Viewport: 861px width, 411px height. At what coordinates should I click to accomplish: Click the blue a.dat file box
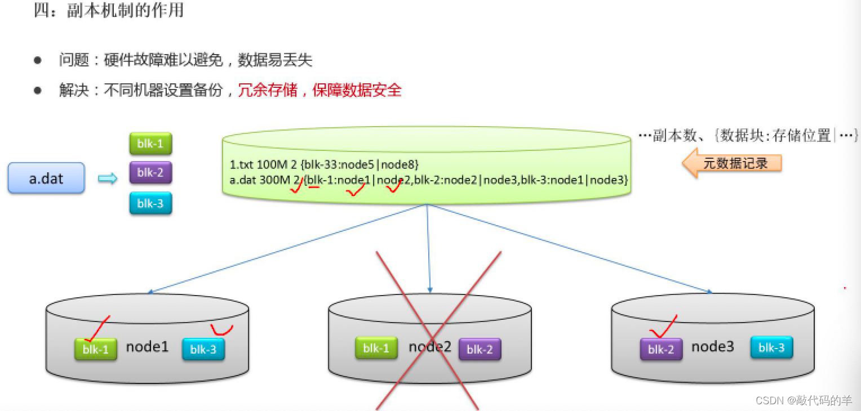(x=46, y=178)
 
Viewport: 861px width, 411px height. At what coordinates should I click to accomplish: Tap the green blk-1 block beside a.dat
(x=150, y=144)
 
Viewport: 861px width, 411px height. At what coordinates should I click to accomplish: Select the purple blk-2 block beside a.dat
(x=150, y=173)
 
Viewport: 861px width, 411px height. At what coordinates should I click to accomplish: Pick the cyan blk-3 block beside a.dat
(x=150, y=203)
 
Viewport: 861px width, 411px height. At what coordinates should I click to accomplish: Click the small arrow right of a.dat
(x=107, y=178)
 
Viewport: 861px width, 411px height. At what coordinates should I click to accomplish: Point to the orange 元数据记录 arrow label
(x=732, y=163)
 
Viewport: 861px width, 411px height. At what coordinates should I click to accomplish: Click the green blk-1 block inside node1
(x=96, y=350)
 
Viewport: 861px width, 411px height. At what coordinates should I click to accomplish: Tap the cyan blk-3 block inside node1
(x=203, y=350)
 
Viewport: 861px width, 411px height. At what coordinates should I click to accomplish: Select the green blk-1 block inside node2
(x=376, y=349)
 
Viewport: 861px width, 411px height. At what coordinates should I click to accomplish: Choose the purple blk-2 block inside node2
(x=480, y=350)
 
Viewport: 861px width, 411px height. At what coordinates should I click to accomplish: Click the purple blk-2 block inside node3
(x=661, y=350)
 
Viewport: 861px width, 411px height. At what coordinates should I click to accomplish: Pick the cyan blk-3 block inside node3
(x=771, y=347)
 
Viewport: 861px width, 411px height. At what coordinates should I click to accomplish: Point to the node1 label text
(x=148, y=347)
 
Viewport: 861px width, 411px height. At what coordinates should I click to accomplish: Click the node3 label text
(x=713, y=347)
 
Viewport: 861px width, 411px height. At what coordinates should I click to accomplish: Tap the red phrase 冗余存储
(x=268, y=90)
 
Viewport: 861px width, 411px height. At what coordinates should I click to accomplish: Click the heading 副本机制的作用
(x=125, y=10)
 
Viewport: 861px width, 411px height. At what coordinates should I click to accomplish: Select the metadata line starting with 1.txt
(x=324, y=164)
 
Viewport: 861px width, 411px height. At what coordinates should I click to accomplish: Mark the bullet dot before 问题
(x=38, y=60)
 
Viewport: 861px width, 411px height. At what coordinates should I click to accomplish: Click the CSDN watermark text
(x=804, y=400)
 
